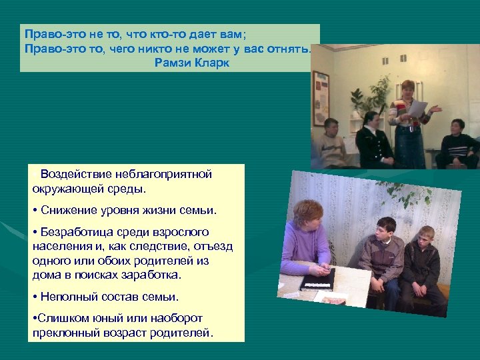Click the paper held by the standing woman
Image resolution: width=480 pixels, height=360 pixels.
click(417, 108)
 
